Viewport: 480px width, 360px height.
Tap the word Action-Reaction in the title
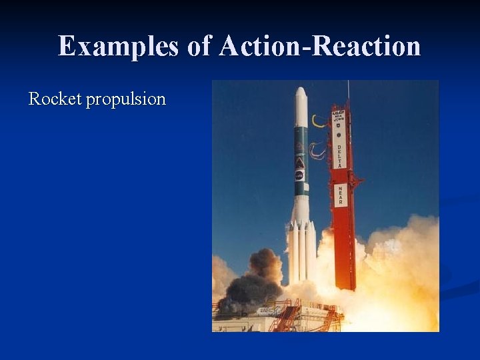319,47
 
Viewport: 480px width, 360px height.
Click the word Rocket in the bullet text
55,99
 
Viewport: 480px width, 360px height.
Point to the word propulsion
126,100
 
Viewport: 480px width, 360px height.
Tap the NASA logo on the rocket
300,175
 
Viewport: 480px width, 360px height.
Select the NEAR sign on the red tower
340,195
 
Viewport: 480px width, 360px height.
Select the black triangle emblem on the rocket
300,162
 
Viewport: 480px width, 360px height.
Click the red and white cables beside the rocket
317,149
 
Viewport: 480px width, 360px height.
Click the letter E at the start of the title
65,47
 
